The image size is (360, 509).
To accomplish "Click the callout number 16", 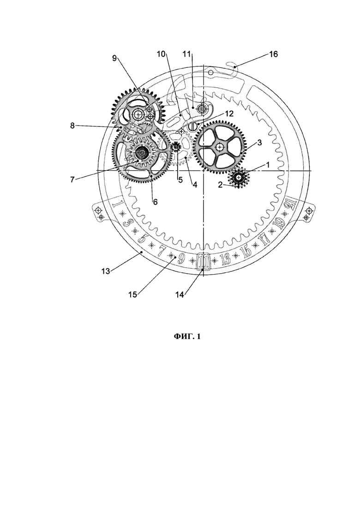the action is [273, 54].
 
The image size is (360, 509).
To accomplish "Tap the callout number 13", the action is [106, 271].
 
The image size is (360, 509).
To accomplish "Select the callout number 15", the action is [132, 294].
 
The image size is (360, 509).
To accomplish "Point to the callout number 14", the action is [180, 294].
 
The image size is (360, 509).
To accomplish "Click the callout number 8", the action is [73, 126].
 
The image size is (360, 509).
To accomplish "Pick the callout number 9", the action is [114, 58].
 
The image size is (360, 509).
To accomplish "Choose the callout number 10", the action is [162, 54].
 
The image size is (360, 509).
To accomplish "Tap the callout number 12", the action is [229, 114].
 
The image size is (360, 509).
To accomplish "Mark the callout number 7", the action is [72, 179].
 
